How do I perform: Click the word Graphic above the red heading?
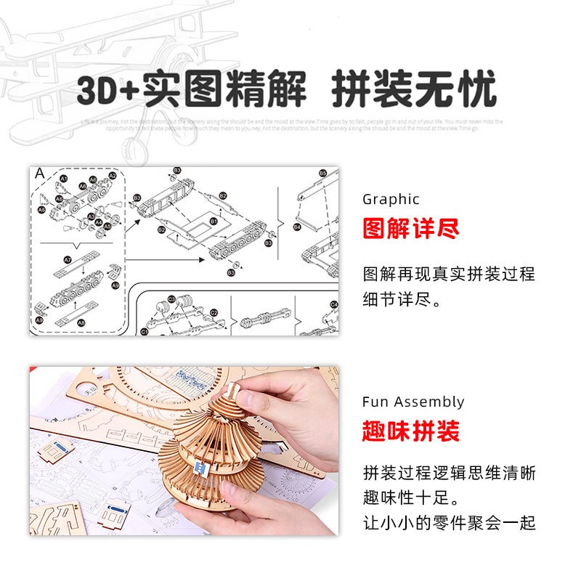pyautogui.click(x=391, y=199)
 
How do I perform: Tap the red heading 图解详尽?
pyautogui.click(x=411, y=229)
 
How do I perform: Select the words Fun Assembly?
pyautogui.click(x=413, y=402)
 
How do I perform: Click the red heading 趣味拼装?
pyautogui.click(x=411, y=432)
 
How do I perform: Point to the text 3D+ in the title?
pyautogui.click(x=110, y=91)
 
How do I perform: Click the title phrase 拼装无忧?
pyautogui.click(x=415, y=91)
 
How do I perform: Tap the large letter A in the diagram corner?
pyautogui.click(x=40, y=173)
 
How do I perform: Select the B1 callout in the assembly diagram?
pyautogui.click(x=214, y=221)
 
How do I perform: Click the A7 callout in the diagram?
pyautogui.click(x=68, y=259)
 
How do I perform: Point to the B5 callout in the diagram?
pyautogui.click(x=322, y=174)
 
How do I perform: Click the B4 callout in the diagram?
pyautogui.click(x=297, y=227)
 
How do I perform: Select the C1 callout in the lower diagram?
pyautogui.click(x=145, y=331)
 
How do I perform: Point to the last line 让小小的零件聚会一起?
pyautogui.click(x=450, y=523)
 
